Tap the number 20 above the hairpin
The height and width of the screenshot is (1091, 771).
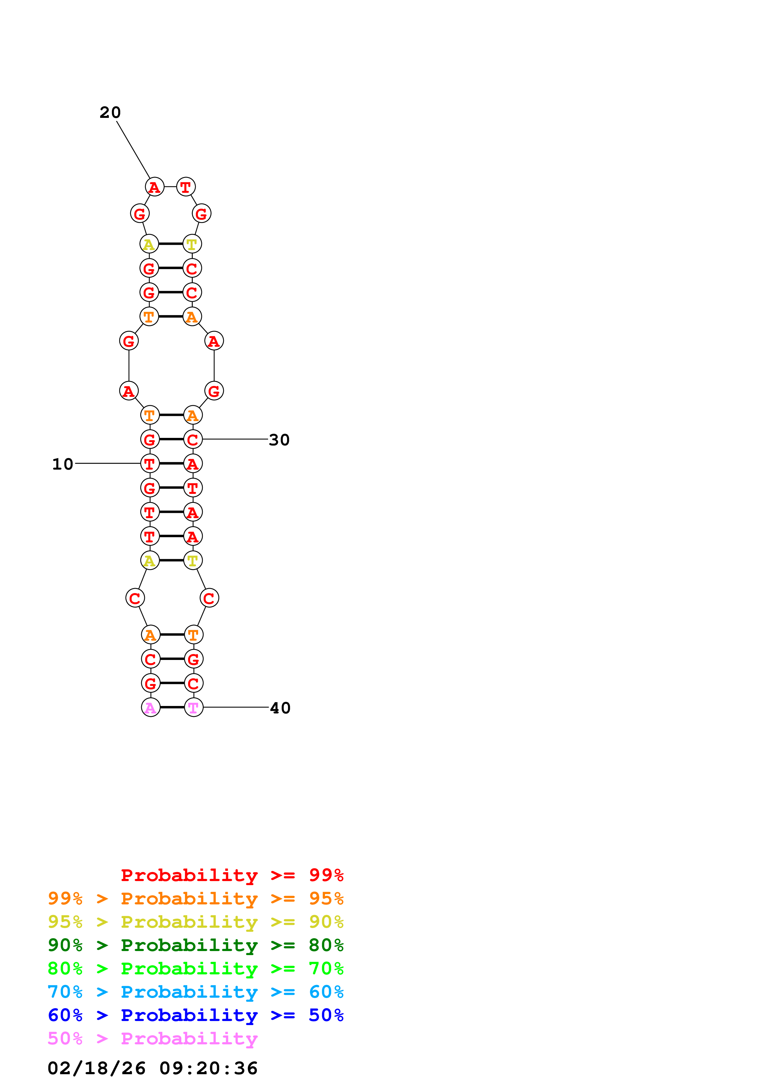point(110,113)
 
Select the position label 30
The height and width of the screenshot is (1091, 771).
point(279,440)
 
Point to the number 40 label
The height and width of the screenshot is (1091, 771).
point(280,708)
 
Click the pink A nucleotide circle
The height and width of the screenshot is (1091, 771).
point(151,708)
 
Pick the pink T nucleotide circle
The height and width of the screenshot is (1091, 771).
point(193,708)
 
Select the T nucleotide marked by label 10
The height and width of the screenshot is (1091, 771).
point(150,463)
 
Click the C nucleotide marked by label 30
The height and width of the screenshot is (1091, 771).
point(193,439)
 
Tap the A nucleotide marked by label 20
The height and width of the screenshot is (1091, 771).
point(154,187)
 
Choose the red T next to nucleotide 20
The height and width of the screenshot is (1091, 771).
point(185,187)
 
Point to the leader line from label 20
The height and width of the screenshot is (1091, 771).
point(133,149)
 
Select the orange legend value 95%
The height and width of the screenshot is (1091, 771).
point(326,898)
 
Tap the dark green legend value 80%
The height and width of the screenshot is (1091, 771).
point(326,945)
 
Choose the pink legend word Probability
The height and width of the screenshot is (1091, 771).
point(189,1039)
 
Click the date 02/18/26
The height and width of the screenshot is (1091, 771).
point(96,1068)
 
